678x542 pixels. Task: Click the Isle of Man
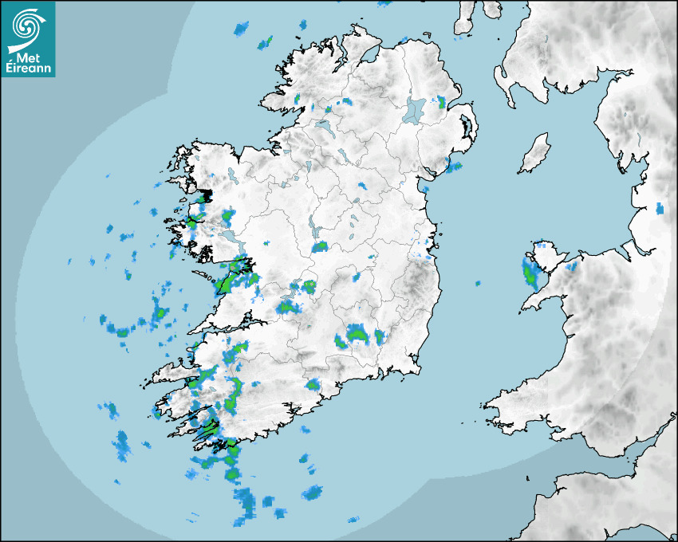point(535,154)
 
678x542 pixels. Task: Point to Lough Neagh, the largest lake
point(416,109)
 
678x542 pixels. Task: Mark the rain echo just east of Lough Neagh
point(440,101)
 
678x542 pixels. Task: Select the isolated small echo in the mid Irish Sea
point(478,283)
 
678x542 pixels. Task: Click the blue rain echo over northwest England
point(659,209)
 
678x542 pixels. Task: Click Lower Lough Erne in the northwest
point(324,125)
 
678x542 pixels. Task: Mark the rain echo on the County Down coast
point(454,167)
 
